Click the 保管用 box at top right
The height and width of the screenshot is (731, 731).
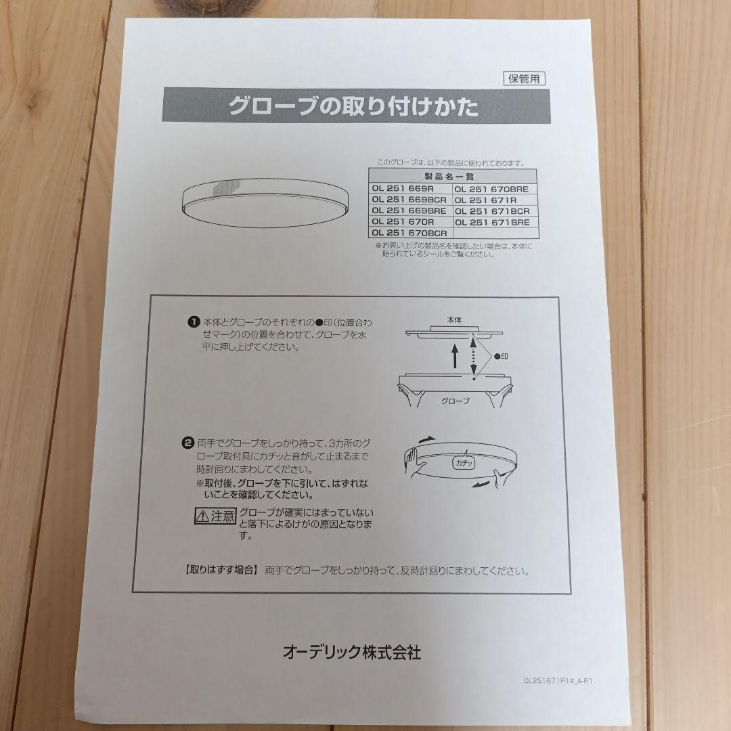pyautogui.click(x=524, y=79)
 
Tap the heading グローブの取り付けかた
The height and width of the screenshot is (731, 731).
pyautogui.click(x=353, y=106)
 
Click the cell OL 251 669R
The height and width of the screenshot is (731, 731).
pyautogui.click(x=403, y=188)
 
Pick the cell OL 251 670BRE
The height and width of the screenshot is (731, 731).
pyautogui.click(x=491, y=189)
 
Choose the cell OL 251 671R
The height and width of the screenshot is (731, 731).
pyautogui.click(x=485, y=200)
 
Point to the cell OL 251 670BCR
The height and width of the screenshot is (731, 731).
pyautogui.click(x=409, y=233)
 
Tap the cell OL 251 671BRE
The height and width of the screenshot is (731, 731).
pyautogui.click(x=492, y=223)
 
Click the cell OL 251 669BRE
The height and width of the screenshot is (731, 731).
pyautogui.click(x=409, y=211)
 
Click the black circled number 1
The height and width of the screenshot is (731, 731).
pyautogui.click(x=194, y=322)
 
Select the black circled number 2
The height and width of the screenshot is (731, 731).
pyautogui.click(x=187, y=443)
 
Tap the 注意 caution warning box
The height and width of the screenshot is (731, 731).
pyautogui.click(x=215, y=516)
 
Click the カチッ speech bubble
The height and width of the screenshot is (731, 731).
pyautogui.click(x=464, y=462)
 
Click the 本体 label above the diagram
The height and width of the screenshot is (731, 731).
pyautogui.click(x=455, y=319)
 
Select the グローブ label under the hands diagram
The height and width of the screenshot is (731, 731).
pyautogui.click(x=456, y=401)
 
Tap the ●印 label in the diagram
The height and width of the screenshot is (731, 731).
pyautogui.click(x=501, y=357)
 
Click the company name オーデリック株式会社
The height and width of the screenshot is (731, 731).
pyautogui.click(x=352, y=652)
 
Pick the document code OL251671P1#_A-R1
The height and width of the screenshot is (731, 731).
pyautogui.click(x=558, y=681)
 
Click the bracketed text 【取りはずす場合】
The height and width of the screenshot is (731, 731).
pyautogui.click(x=221, y=570)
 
